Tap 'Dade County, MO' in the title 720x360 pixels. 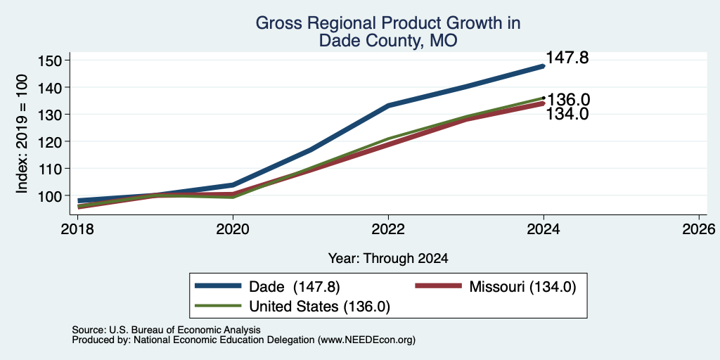point(388,40)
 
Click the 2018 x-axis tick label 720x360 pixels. point(77,229)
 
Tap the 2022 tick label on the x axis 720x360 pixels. point(388,229)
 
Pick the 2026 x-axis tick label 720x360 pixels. point(700,229)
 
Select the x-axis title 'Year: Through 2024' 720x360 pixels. point(388,259)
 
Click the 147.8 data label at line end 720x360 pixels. point(567,58)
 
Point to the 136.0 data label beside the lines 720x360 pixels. point(568,100)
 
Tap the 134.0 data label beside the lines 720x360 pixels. point(567,114)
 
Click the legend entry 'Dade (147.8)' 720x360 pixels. point(295,287)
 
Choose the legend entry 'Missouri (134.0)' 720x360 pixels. point(522,287)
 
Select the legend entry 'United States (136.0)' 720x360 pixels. point(320,307)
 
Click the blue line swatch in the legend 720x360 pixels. point(218,286)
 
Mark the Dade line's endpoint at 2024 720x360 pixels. point(544,66)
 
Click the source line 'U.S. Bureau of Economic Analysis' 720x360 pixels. point(185,330)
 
